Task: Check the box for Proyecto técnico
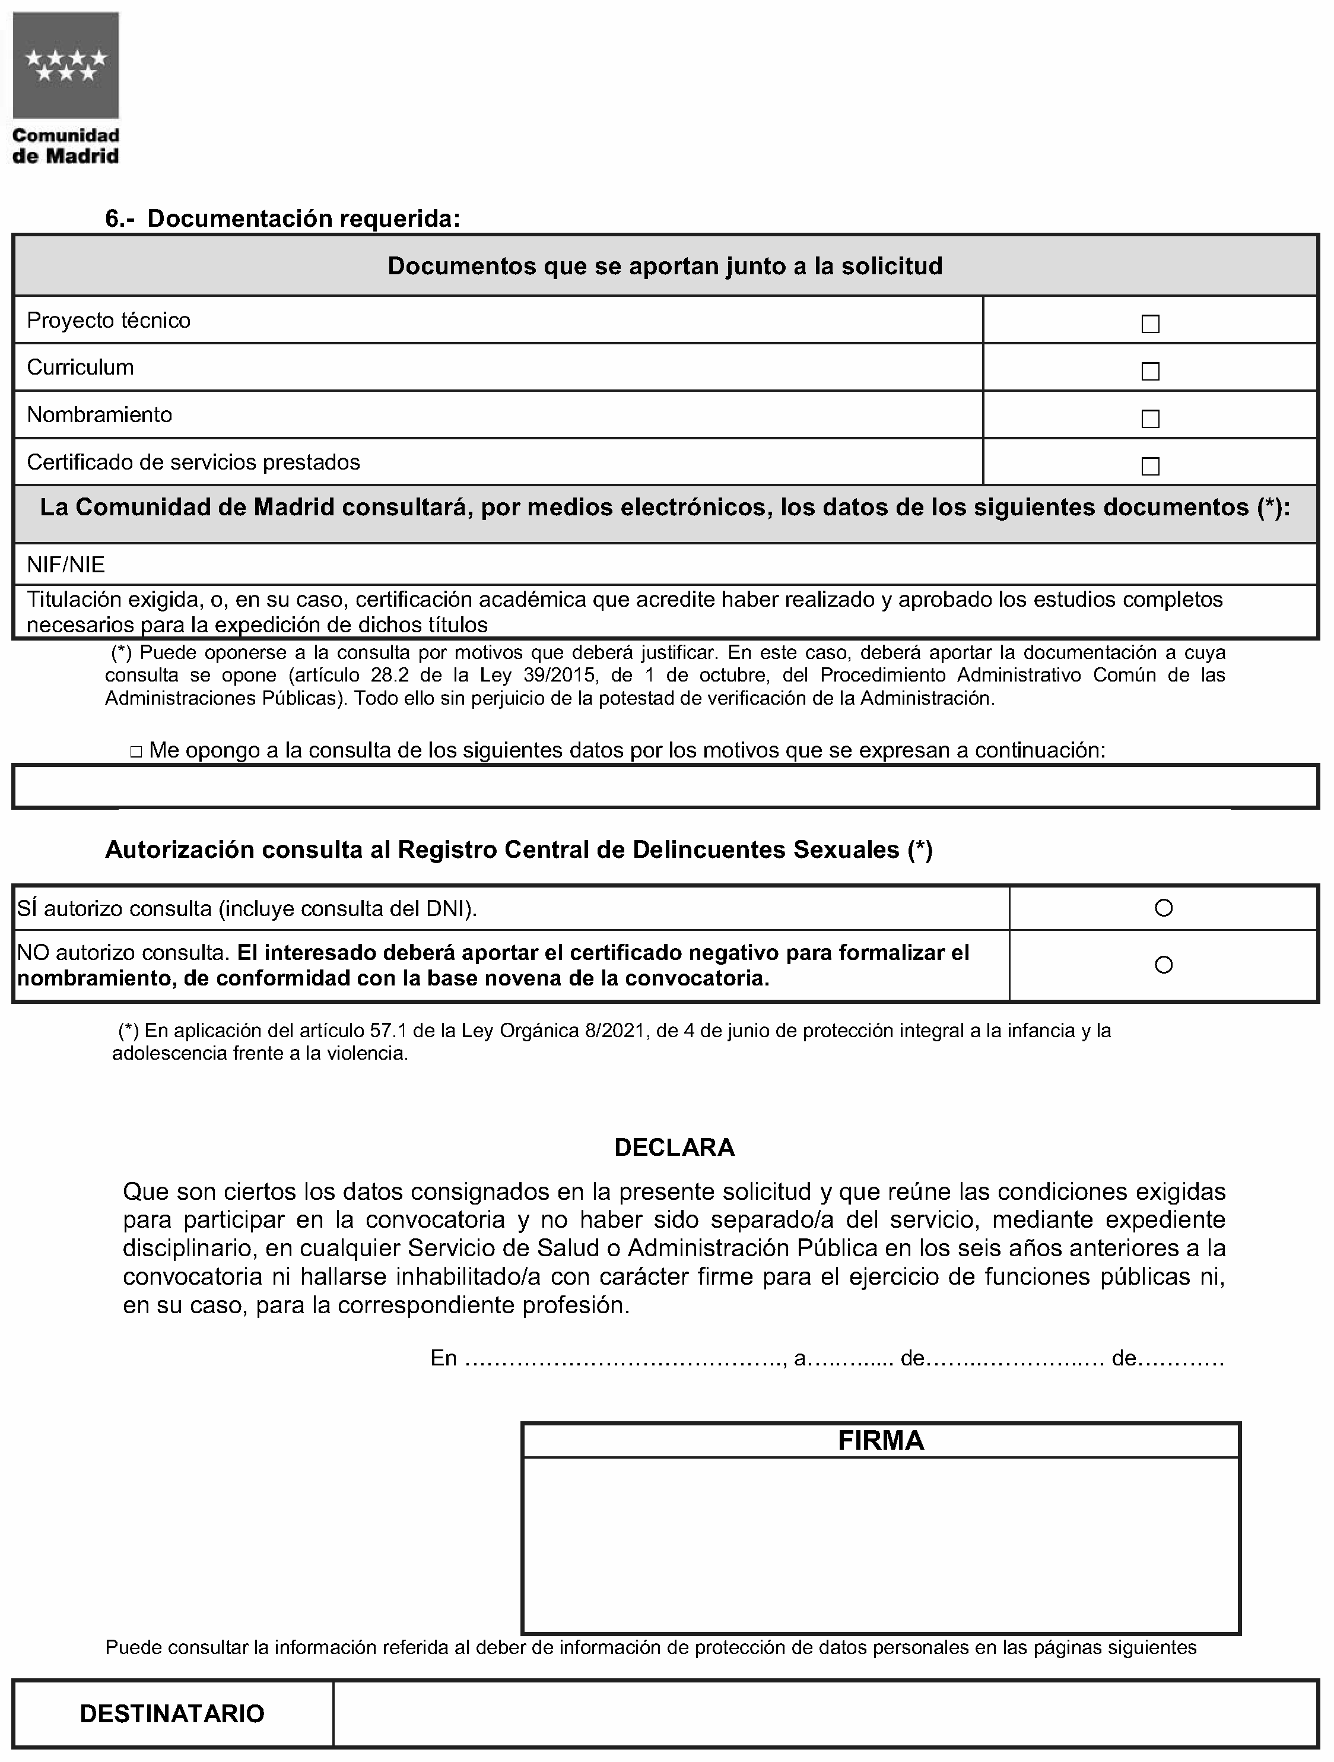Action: click(x=1149, y=324)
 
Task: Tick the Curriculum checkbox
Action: click(x=1149, y=371)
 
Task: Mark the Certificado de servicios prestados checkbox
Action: click(x=1149, y=466)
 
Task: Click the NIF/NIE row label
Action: click(x=66, y=565)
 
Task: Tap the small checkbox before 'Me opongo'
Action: click(x=136, y=751)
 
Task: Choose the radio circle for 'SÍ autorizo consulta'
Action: click(x=1163, y=907)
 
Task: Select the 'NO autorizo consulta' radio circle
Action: click(x=1163, y=965)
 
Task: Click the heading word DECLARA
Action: click(x=674, y=1147)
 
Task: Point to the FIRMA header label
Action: click(x=880, y=1440)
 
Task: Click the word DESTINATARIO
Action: click(x=172, y=1713)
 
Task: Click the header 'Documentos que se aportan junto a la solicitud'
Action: click(x=665, y=266)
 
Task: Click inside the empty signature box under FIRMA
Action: click(x=880, y=1544)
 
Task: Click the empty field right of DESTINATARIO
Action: click(x=824, y=1713)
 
